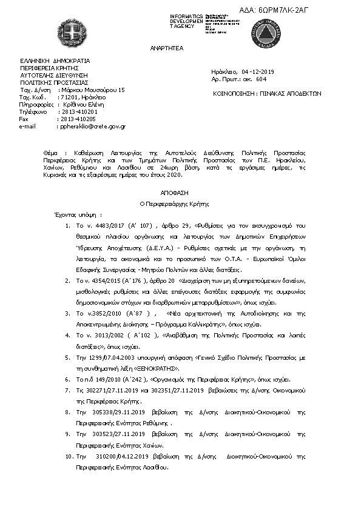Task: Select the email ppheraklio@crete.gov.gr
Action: pyautogui.click(x=90, y=127)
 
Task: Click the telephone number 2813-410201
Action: pyautogui.click(x=79, y=112)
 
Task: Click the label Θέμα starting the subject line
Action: pyautogui.click(x=52, y=148)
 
